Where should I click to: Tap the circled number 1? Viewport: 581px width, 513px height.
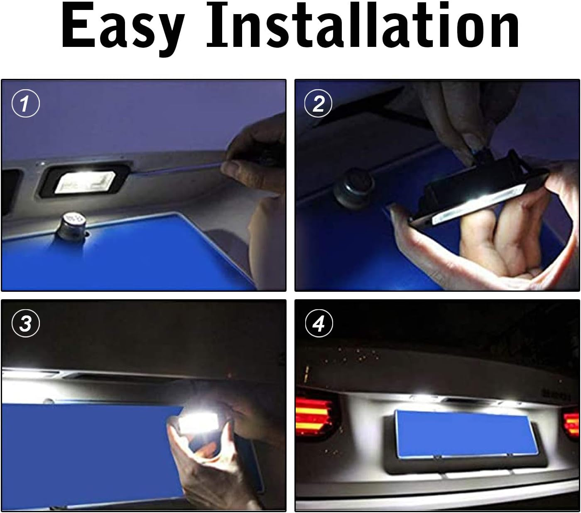point(25,103)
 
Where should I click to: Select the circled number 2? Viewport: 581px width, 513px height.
point(318,103)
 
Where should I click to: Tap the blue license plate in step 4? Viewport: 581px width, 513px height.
point(466,433)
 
